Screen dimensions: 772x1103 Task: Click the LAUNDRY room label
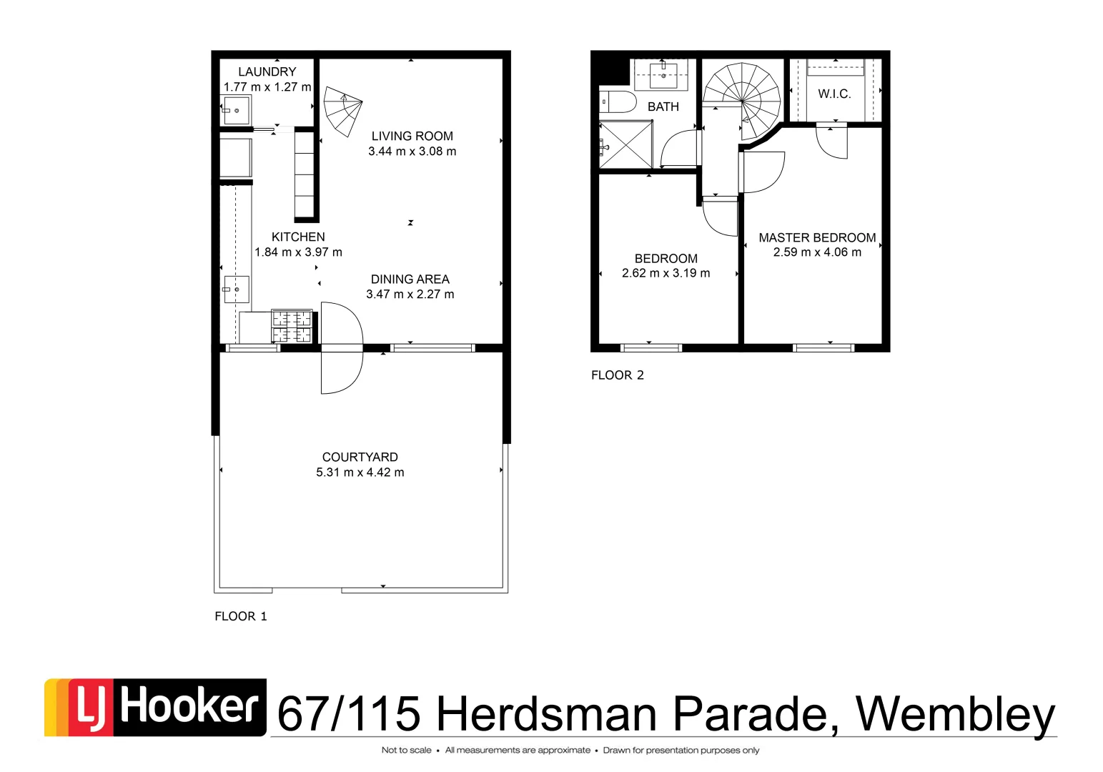coord(267,71)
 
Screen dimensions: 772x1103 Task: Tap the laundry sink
coord(235,110)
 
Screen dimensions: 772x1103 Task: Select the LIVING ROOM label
coord(412,136)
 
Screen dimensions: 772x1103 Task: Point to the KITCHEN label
coord(298,237)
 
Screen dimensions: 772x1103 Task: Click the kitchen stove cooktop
coord(292,327)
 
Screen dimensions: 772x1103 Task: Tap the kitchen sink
coord(236,289)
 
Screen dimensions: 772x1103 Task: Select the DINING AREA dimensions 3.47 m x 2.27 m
coord(410,294)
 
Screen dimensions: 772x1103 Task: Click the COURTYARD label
coord(360,457)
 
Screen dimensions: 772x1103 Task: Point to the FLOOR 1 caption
coord(240,616)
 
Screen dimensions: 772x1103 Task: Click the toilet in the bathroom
coord(616,102)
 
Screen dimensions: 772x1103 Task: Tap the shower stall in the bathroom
coord(625,144)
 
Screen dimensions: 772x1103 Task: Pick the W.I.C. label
coord(834,94)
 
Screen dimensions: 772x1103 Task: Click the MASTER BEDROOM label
coord(817,237)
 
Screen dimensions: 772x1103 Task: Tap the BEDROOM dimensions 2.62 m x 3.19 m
coord(666,273)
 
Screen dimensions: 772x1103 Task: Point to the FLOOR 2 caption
coord(617,375)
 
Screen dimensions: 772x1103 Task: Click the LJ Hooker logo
coord(155,707)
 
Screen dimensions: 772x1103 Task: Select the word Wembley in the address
coord(955,713)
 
